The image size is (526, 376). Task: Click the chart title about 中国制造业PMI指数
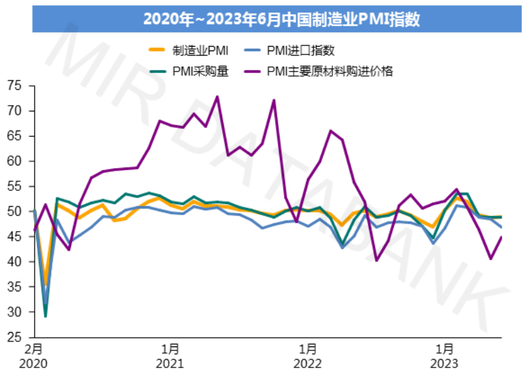point(263,19)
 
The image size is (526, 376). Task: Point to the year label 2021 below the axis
point(171,363)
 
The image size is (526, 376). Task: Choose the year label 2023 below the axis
point(445,363)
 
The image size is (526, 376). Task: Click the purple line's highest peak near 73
point(217,96)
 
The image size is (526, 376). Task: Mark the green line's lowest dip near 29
point(45,316)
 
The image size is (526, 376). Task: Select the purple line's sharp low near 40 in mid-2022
point(377,261)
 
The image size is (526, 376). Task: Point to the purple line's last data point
point(502,237)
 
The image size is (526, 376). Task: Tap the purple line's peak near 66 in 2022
point(330,131)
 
